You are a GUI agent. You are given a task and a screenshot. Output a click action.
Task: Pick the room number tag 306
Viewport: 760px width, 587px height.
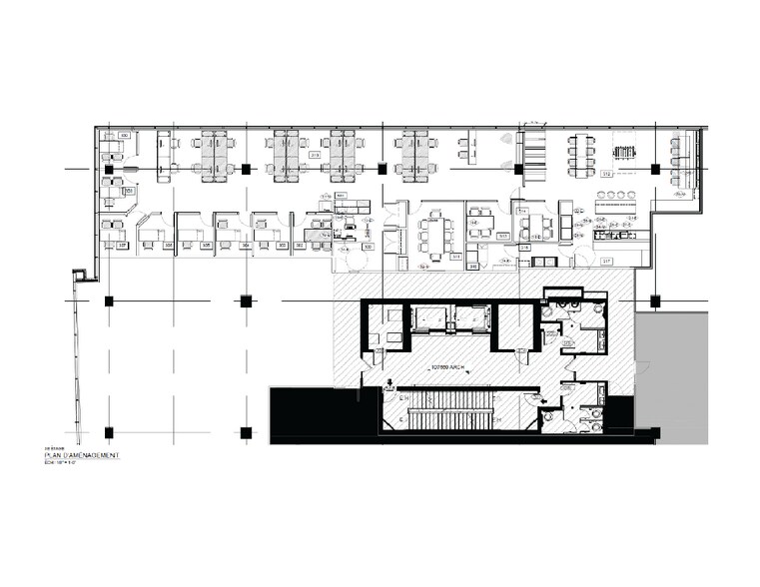168,245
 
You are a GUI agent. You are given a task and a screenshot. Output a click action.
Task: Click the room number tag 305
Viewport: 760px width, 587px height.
206,245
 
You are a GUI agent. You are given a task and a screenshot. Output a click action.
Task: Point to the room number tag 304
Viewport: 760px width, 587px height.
245,245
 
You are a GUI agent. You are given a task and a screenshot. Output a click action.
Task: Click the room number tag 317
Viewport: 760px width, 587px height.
605,262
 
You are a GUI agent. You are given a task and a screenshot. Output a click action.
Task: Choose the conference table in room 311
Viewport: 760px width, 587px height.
435,234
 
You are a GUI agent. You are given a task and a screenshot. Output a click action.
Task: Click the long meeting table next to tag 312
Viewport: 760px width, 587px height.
580,155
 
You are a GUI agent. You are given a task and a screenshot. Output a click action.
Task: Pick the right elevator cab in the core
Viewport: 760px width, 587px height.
469,318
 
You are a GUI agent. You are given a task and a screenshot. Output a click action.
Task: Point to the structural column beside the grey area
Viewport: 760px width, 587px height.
655,300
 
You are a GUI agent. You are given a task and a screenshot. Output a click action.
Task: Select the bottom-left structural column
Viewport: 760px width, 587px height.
109,432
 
